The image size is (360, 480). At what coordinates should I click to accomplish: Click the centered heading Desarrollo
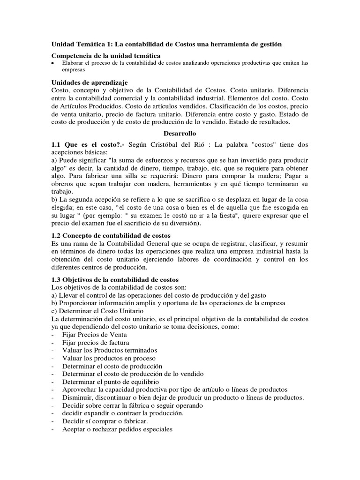pos(180,134)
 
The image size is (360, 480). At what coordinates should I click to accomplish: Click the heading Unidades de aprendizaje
pos(90,82)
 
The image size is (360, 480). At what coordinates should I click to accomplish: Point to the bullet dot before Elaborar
pos(53,63)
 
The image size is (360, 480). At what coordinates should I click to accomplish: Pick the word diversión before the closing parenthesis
pos(180,224)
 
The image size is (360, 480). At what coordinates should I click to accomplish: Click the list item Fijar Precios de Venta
pos(95,335)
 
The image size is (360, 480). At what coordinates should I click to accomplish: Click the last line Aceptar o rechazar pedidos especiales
pos(117,429)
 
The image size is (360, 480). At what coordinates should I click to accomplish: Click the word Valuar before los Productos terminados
pos(72,350)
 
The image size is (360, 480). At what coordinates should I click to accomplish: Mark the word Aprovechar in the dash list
pos(79,390)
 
